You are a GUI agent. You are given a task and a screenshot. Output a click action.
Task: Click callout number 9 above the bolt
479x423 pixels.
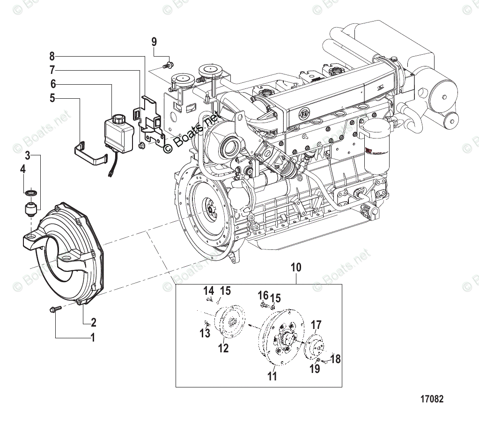(154, 42)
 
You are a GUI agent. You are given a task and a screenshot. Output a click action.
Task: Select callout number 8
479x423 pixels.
(52, 57)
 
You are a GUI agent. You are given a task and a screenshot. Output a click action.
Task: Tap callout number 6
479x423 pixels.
(53, 84)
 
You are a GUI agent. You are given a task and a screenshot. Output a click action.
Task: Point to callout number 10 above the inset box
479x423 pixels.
(296, 268)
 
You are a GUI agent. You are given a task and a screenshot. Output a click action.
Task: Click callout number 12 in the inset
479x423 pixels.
(223, 348)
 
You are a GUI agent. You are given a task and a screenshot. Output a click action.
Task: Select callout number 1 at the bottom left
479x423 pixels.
(93, 337)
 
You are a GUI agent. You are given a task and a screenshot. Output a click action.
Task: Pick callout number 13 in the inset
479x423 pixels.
(205, 333)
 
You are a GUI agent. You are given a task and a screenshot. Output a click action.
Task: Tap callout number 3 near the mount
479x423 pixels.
(28, 155)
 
